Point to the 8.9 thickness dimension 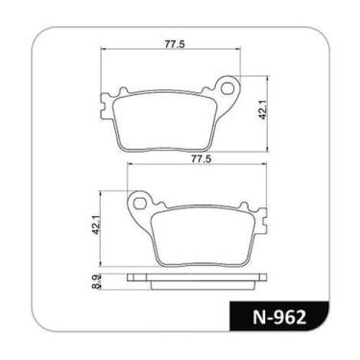(x=95, y=284)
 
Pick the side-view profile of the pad (x=195, y=282)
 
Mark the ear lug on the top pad (x=227, y=86)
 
